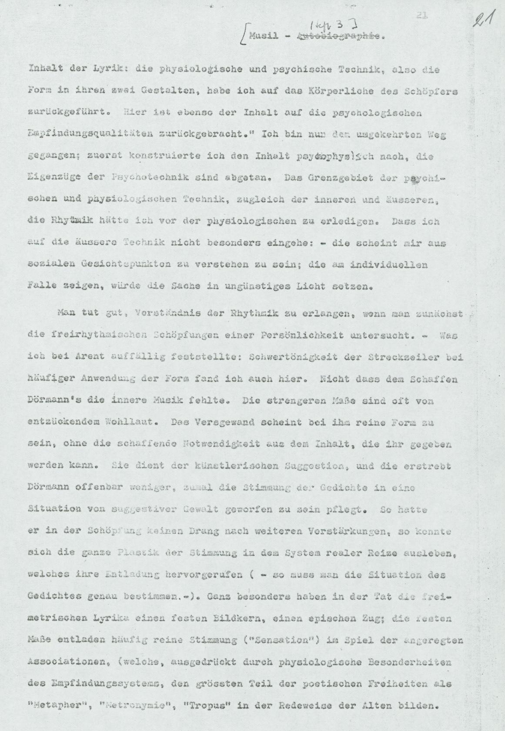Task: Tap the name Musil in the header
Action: [x=263, y=36]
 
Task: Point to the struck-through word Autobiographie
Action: [x=339, y=37]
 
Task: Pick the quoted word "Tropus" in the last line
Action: [x=210, y=706]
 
